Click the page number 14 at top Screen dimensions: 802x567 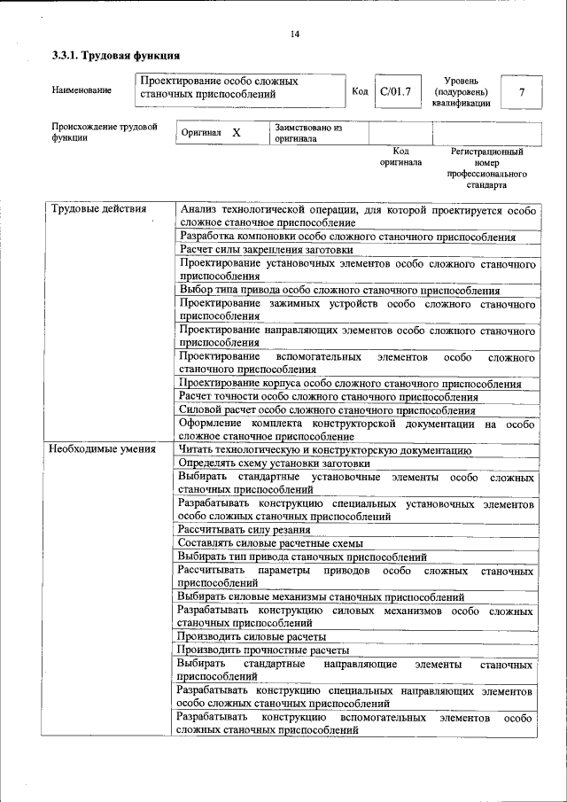click(x=294, y=35)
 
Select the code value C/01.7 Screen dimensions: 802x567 click(x=395, y=91)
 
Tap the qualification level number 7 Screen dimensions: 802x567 click(x=522, y=92)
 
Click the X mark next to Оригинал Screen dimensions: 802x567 click(x=236, y=132)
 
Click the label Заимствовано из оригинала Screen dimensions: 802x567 click(x=308, y=133)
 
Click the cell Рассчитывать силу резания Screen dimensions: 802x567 click(x=244, y=530)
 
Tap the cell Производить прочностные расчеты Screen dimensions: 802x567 click(x=262, y=650)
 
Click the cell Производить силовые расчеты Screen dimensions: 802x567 click(x=252, y=636)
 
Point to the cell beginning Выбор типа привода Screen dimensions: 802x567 click(x=338, y=291)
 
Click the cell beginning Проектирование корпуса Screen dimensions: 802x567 click(x=349, y=384)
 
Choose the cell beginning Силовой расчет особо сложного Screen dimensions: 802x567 click(x=326, y=410)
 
